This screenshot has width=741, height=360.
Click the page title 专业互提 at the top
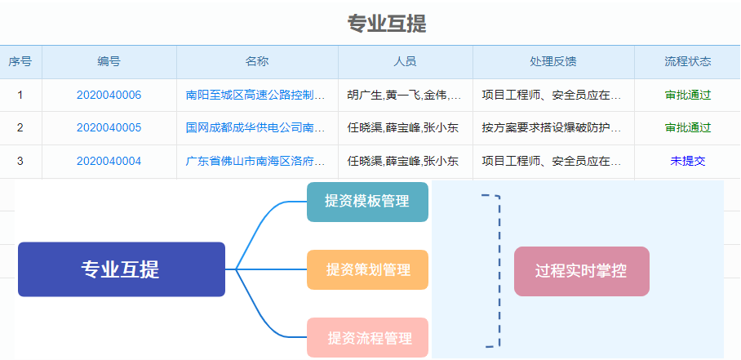[387, 24]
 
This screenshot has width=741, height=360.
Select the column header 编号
[109, 61]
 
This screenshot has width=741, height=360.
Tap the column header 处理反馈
[553, 61]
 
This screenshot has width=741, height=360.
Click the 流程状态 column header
[688, 61]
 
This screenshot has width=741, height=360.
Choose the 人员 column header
[405, 61]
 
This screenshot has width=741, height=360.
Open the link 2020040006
[109, 95]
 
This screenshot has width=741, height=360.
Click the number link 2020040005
[109, 127]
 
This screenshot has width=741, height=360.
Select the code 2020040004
[109, 161]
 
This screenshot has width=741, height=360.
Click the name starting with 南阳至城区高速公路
[255, 95]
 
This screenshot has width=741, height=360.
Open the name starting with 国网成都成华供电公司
[255, 127]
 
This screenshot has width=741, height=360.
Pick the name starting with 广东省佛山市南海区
[255, 161]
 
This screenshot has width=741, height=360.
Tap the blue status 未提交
[688, 161]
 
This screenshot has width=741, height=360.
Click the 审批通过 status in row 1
[688, 95]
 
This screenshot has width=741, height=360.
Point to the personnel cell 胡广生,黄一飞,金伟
[405, 95]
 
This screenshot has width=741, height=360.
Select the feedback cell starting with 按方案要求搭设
[552, 127]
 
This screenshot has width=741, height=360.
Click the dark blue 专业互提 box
[122, 269]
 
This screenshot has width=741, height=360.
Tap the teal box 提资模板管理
[368, 202]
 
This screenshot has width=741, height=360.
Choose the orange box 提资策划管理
[368, 269]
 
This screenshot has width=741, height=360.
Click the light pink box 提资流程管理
[368, 337]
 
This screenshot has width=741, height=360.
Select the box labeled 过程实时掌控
[582, 271]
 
